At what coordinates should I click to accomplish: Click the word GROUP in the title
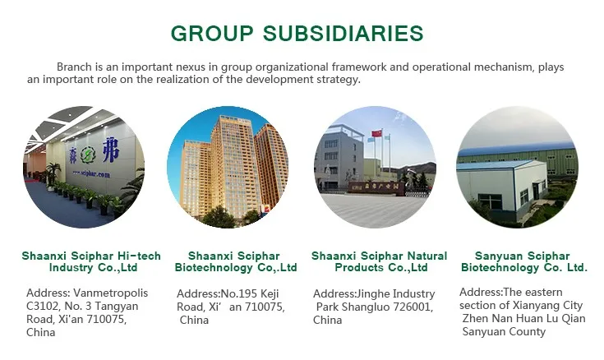pos(212,33)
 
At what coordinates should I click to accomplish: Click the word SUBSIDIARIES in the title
pos(343,33)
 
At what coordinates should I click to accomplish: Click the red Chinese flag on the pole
pos(377,133)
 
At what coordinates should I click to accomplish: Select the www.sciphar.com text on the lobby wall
pos(91,173)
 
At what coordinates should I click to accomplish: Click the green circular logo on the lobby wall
pos(88,155)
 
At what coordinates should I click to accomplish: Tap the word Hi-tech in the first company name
pos(139,256)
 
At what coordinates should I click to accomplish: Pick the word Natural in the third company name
pos(427,256)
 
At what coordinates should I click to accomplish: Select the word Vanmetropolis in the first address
pos(111,293)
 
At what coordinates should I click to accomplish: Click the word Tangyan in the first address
pos(117,307)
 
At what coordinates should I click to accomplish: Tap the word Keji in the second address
pos(270,294)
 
